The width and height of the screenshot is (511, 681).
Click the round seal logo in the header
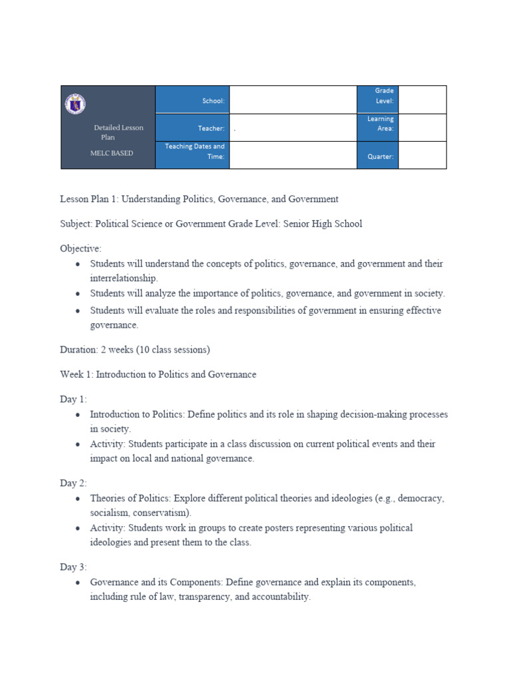[x=75, y=104]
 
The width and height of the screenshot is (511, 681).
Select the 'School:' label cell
[x=192, y=100]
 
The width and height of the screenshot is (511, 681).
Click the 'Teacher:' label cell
[x=192, y=128]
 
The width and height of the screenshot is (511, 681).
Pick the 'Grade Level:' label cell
[x=378, y=96]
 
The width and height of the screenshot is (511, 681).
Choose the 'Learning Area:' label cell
[x=378, y=124]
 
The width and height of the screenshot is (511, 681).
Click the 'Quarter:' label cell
[x=378, y=157]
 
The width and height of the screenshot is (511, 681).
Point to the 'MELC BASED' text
[x=112, y=153]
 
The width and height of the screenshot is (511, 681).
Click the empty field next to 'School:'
[x=293, y=100]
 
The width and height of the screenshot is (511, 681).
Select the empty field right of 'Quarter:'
[x=423, y=155]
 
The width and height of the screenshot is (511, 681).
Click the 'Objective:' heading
[x=81, y=248]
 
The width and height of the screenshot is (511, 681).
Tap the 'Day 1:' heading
[x=73, y=399]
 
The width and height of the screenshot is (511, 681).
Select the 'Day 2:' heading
[x=73, y=483]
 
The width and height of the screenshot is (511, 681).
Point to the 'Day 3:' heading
[x=73, y=567]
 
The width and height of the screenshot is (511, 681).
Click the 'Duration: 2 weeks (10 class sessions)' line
[x=136, y=349]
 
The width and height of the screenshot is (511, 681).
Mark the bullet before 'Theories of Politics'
[x=78, y=499]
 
